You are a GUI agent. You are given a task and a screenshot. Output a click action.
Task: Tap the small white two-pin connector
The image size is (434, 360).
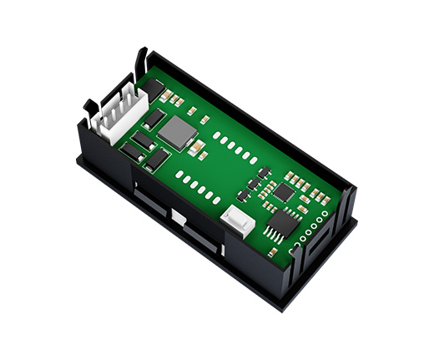point(237,220)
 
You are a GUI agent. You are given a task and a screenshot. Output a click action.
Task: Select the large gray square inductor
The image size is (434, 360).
point(178,131)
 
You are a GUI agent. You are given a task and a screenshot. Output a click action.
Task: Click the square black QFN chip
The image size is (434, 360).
point(283,192)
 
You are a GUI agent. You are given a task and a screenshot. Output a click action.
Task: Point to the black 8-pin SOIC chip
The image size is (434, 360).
point(282,224)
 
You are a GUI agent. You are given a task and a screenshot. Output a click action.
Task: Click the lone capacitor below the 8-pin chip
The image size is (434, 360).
point(272,251)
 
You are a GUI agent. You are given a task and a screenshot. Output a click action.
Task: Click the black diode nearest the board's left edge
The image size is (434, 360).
point(131,152)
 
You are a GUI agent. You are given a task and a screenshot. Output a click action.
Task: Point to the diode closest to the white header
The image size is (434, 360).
point(154,119)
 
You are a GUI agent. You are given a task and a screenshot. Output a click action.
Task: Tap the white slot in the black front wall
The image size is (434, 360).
point(177,215)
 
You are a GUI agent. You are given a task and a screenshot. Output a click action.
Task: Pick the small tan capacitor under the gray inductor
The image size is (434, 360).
point(202,155)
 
